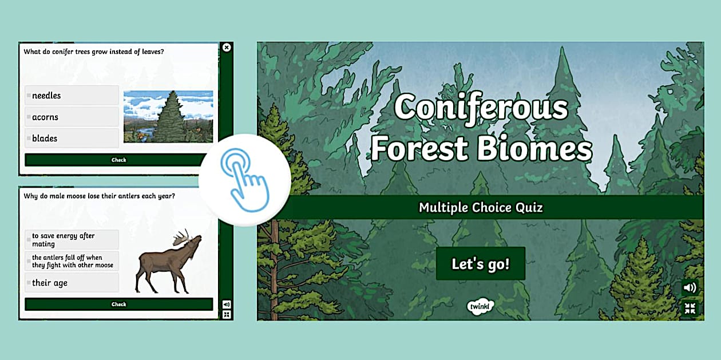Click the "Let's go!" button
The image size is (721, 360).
pyautogui.click(x=480, y=264)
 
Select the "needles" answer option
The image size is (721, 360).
pyautogui.click(x=72, y=96)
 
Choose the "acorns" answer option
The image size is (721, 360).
pyautogui.click(x=72, y=117)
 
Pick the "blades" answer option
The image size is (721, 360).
pyautogui.click(x=72, y=138)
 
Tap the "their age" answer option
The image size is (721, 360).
pyautogui.click(x=72, y=283)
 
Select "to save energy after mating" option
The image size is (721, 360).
pyautogui.click(x=72, y=240)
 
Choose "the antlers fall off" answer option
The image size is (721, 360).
pyautogui.click(x=72, y=261)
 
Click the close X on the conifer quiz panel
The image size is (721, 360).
pyautogui.click(x=227, y=48)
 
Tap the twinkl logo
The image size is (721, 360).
pyautogui.click(x=480, y=305)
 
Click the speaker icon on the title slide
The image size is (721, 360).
pyautogui.click(x=690, y=288)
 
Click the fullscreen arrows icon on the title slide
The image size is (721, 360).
pyautogui.click(x=690, y=308)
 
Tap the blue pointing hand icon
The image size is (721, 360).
pyautogui.click(x=245, y=180)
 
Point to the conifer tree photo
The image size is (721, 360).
pyautogui.click(x=168, y=116)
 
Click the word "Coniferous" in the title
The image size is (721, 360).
pyautogui.click(x=481, y=108)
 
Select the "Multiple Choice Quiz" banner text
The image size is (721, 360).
pyautogui.click(x=481, y=207)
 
